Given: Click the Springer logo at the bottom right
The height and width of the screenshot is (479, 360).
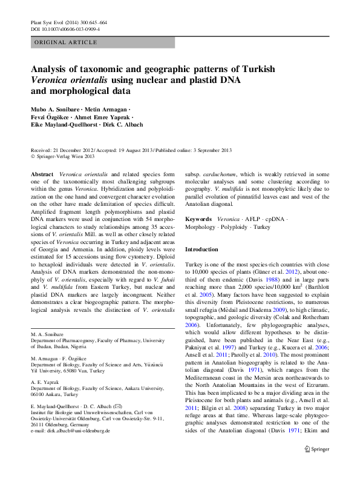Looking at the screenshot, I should coord(316,466).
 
